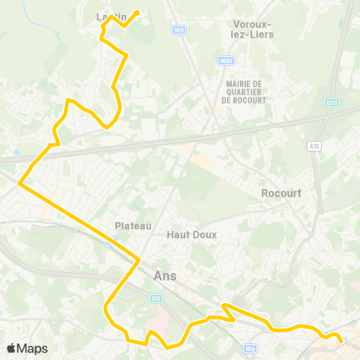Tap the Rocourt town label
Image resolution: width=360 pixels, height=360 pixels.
[281, 193]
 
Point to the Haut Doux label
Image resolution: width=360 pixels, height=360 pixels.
[191, 235]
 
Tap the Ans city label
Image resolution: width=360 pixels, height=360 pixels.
[164, 275]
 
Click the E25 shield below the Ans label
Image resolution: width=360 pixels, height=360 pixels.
[155, 299]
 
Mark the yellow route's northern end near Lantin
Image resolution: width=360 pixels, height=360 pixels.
[138, 11]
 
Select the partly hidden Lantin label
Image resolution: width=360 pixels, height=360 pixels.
[109, 16]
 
